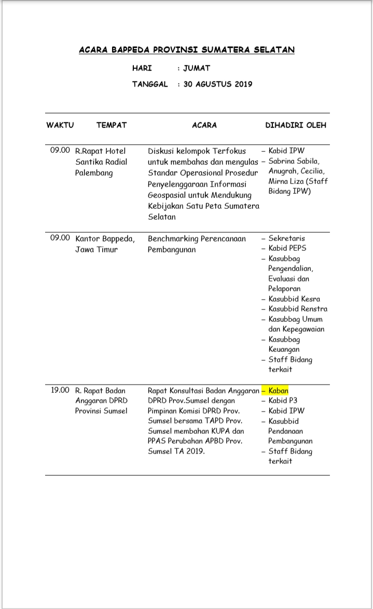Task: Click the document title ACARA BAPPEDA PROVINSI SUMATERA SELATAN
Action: (x=187, y=50)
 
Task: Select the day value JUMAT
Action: (x=197, y=68)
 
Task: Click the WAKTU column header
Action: (x=60, y=125)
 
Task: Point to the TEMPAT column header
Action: (x=112, y=125)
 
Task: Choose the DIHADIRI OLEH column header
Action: (x=296, y=125)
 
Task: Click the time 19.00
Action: (x=60, y=390)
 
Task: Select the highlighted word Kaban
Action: (x=278, y=390)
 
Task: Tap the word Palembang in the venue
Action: (x=94, y=173)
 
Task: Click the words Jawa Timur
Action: (x=96, y=249)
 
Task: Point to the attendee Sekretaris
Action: (x=286, y=238)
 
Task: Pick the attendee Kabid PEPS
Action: (x=287, y=248)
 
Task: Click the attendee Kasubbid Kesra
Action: (x=294, y=299)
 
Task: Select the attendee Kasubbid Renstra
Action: (x=298, y=309)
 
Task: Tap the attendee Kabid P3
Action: (x=283, y=401)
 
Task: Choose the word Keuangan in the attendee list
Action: (x=284, y=349)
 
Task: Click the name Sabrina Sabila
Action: (x=294, y=161)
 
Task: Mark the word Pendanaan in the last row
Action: (x=286, y=431)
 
